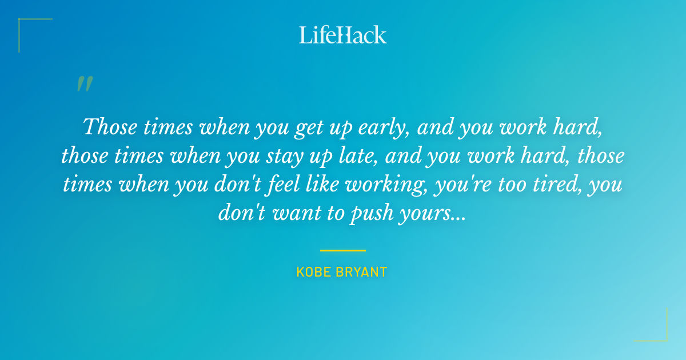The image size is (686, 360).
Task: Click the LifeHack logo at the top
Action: pyautogui.click(x=342, y=35)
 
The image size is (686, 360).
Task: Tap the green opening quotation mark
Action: pyautogui.click(x=84, y=85)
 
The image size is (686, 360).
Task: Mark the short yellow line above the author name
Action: pyautogui.click(x=342, y=250)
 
